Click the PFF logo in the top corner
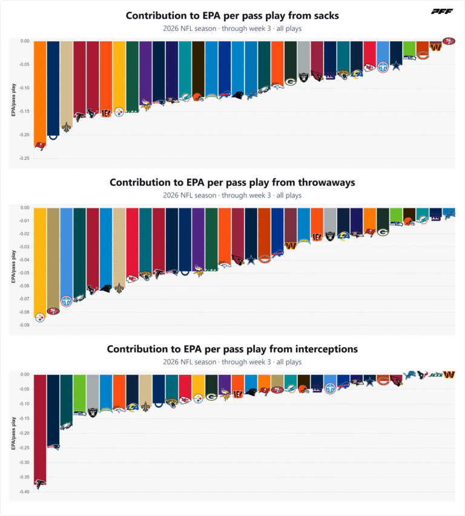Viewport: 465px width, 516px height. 442,12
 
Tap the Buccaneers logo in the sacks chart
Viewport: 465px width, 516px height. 40,146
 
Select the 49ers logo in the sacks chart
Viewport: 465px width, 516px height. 449,41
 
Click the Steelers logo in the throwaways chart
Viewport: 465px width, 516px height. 40,317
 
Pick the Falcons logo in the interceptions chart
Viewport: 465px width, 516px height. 40,485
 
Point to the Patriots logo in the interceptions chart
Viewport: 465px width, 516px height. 53,446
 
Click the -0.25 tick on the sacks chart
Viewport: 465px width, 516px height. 25,158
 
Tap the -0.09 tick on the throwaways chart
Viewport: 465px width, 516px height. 25,325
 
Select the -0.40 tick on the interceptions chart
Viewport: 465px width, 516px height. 25,492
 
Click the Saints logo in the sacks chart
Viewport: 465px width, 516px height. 67,127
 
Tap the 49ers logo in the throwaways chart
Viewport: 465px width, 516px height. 53,311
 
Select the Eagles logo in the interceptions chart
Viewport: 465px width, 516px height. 67,426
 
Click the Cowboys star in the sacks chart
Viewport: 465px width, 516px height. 396,66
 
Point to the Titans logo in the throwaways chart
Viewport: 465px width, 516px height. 67,301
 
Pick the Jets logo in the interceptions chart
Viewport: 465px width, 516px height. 436,375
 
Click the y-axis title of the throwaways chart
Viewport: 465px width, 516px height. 13,266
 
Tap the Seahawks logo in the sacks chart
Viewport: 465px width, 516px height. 409,58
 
